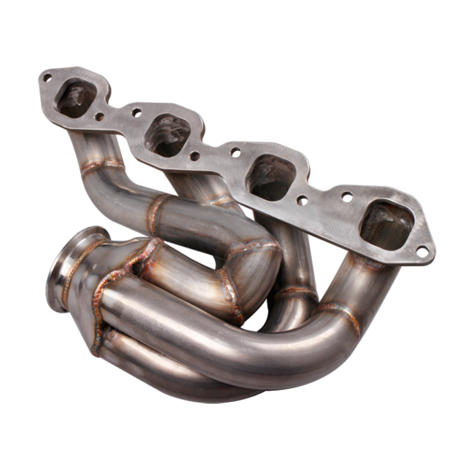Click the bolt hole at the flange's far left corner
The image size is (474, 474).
pyautogui.click(x=48, y=75)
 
